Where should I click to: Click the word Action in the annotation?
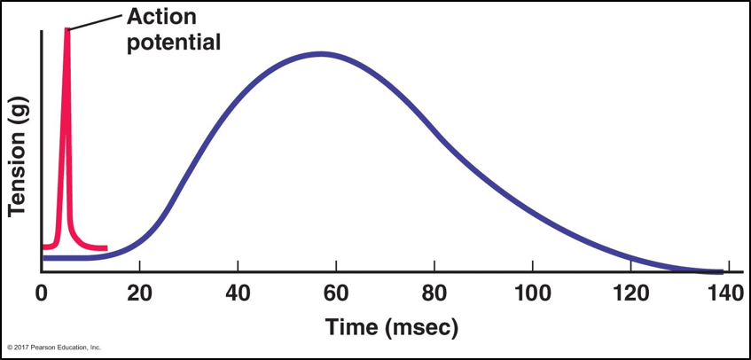(162, 17)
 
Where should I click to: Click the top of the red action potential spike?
(66, 32)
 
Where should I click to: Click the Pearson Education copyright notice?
(54, 347)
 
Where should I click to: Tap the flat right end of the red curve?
(103, 247)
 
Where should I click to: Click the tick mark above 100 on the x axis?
(531, 268)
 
